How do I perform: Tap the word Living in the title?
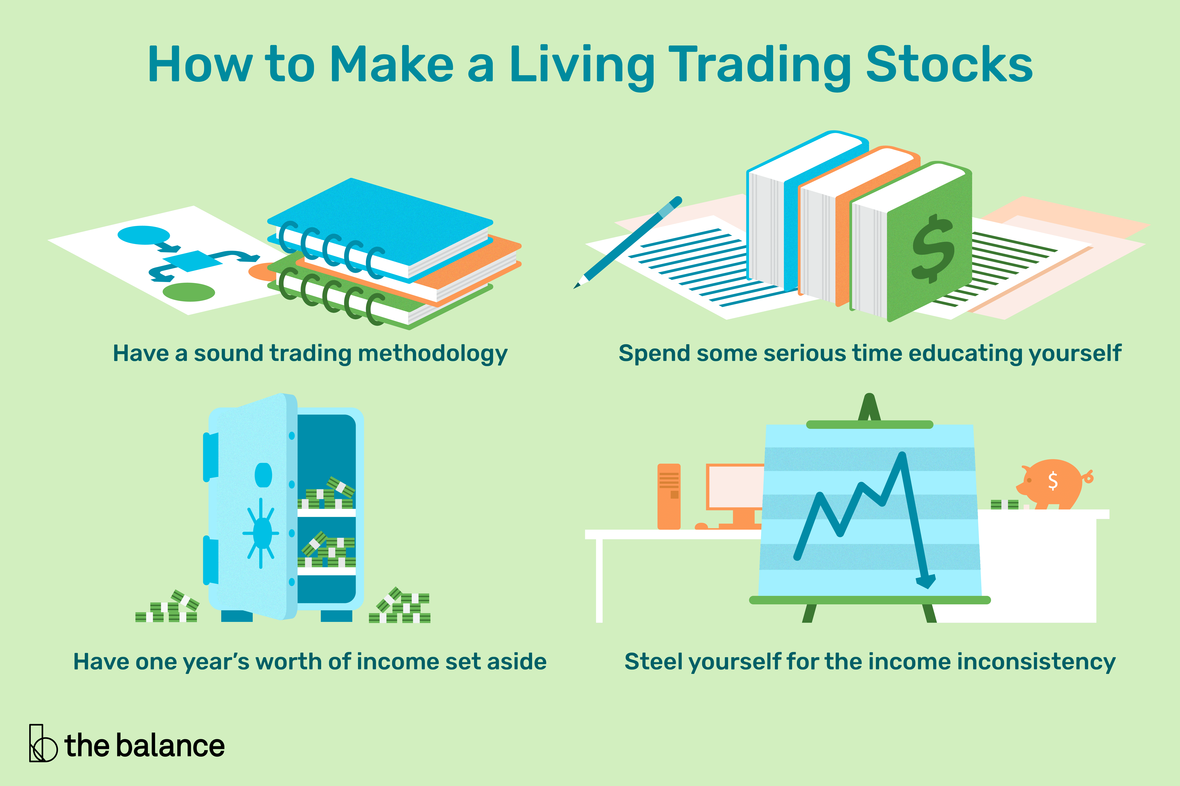click(582, 68)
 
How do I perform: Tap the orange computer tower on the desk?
click(669, 496)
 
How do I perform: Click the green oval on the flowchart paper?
click(189, 292)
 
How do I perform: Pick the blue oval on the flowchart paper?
click(143, 235)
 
